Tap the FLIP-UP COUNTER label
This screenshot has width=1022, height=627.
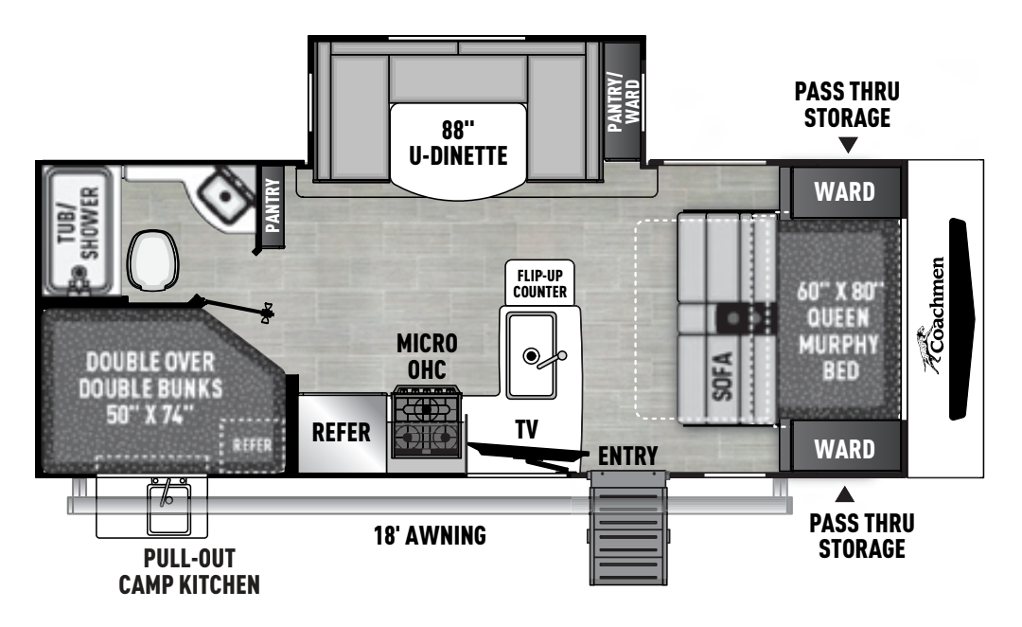540,282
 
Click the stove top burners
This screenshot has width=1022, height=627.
426,423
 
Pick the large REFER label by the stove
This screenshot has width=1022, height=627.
342,433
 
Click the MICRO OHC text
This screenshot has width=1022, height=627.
426,352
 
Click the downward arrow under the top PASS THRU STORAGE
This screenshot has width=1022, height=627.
848,145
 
